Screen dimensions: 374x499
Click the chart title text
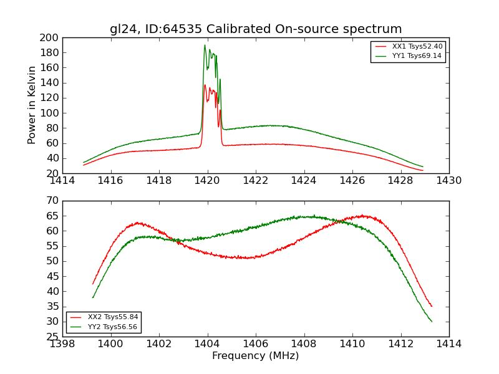click(x=256, y=29)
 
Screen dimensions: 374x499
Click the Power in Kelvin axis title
click(x=32, y=105)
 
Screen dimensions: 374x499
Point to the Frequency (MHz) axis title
click(x=256, y=356)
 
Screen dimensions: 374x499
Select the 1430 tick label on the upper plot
click(x=449, y=181)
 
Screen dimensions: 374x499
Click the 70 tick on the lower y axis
click(x=53, y=201)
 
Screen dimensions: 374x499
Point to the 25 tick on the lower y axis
click(x=53, y=337)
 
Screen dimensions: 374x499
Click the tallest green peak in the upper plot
click(x=205, y=46)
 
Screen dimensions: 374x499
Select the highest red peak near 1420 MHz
click(x=205, y=85)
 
